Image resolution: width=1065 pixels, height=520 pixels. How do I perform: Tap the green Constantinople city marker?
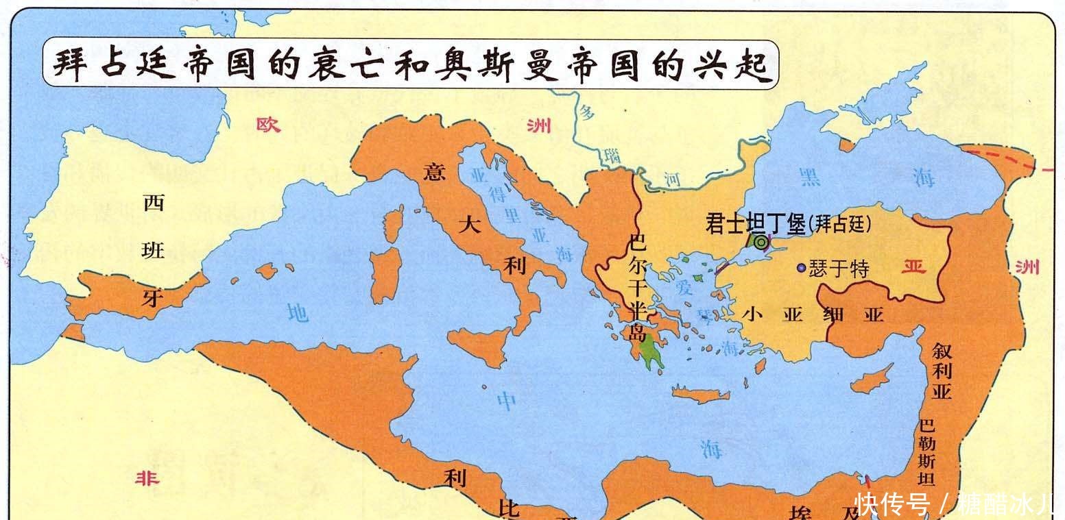point(760,241)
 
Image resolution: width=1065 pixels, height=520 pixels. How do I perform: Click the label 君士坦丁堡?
point(755,223)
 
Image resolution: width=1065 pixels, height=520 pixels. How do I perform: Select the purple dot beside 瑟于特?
point(800,268)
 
